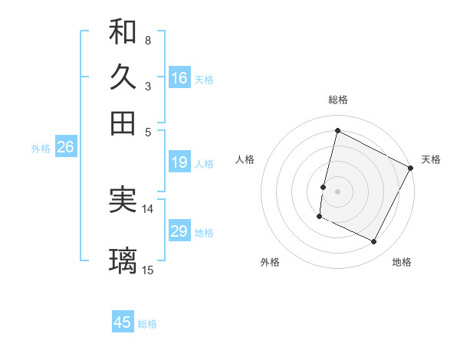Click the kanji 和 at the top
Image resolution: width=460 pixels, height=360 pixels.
[x=123, y=32]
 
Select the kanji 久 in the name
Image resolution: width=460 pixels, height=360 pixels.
[x=123, y=77]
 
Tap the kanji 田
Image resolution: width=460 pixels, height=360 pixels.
[x=123, y=123]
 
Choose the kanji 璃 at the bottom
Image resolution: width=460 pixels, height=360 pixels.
[x=123, y=261]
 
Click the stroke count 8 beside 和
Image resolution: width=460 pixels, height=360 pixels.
[x=147, y=40]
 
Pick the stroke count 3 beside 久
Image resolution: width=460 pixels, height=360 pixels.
[x=147, y=86]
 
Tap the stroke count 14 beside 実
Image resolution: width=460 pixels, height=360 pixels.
[x=148, y=208]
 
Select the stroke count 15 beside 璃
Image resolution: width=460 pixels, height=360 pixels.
[x=148, y=270]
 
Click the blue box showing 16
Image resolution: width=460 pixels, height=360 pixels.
[x=179, y=77]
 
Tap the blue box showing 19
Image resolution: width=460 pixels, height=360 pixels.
[x=179, y=162]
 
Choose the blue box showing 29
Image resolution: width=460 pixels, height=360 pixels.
[x=179, y=231]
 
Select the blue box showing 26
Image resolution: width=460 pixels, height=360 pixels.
[x=65, y=148]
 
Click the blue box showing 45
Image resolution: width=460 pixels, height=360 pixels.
[x=123, y=322]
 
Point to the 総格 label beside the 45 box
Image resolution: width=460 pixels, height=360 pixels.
[x=147, y=324]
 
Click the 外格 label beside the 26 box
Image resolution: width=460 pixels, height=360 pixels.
[x=41, y=149]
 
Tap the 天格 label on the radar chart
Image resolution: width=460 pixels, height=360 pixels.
[x=431, y=159]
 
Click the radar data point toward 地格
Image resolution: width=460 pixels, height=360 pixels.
[x=374, y=241]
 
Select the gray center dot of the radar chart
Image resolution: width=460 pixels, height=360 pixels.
[x=337, y=190]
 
